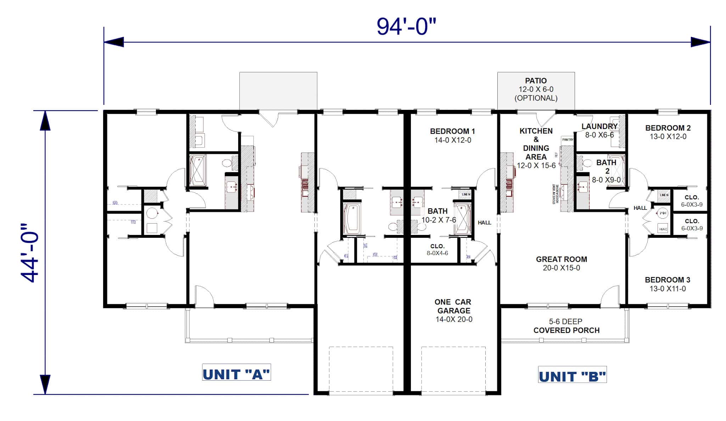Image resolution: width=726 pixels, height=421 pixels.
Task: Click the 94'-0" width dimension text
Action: click(x=406, y=27)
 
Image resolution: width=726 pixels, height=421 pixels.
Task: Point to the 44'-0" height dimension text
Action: click(x=30, y=253)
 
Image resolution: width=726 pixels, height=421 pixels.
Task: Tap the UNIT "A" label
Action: click(x=236, y=374)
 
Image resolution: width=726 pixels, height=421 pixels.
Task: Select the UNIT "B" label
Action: click(x=572, y=376)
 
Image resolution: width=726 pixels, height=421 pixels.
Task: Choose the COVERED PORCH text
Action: click(x=566, y=330)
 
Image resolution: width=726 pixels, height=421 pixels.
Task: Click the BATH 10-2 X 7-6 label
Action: click(x=438, y=215)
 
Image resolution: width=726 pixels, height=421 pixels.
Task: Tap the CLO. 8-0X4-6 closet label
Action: click(x=437, y=249)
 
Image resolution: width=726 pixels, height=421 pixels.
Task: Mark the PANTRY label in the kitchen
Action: click(x=568, y=140)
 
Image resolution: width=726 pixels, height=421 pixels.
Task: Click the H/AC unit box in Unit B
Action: click(x=663, y=229)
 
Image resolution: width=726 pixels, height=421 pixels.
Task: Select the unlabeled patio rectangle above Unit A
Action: click(x=278, y=91)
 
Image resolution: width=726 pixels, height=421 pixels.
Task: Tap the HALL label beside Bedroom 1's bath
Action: click(x=484, y=223)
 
